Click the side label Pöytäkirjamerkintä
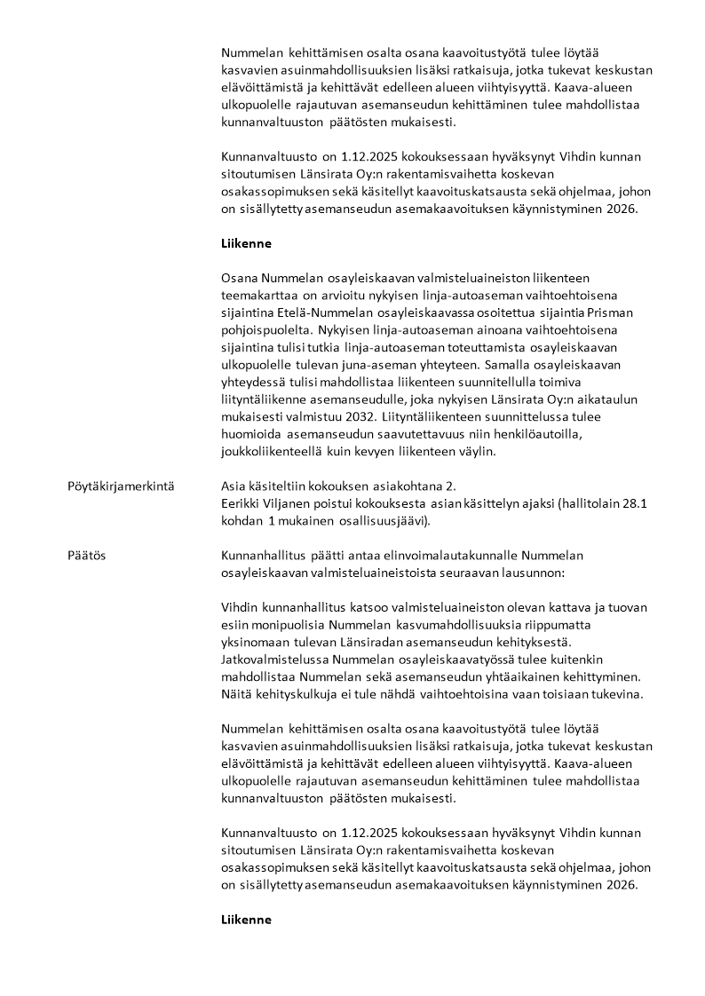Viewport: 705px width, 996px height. [x=121, y=486]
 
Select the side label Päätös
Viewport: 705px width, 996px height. [x=87, y=556]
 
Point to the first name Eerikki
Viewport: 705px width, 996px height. [x=242, y=503]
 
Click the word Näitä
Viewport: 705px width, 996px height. [x=237, y=693]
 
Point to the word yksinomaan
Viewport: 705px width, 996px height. [x=255, y=642]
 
